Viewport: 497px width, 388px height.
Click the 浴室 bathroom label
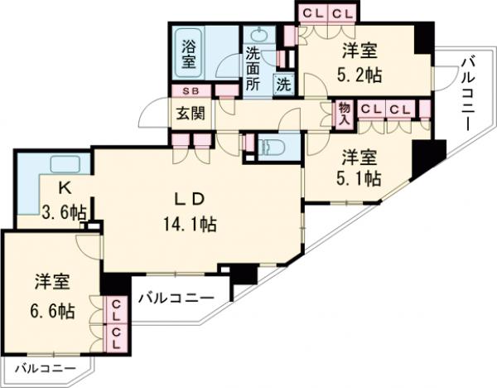[x=188, y=54]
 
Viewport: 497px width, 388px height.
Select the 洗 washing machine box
[x=283, y=84]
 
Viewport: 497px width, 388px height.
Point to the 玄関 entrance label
[x=190, y=112]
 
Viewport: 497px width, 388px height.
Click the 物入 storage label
[x=344, y=114]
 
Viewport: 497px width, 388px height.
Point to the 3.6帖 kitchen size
[x=62, y=212]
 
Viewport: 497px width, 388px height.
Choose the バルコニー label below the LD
[x=176, y=295]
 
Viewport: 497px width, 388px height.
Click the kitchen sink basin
[x=61, y=162]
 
